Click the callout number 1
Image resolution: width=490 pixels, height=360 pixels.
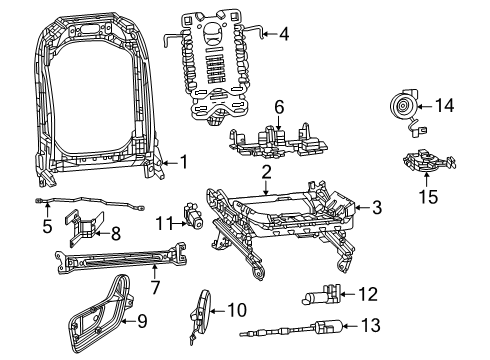pyautogui.click(x=183, y=160)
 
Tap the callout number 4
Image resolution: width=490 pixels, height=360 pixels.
pyautogui.click(x=284, y=34)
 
